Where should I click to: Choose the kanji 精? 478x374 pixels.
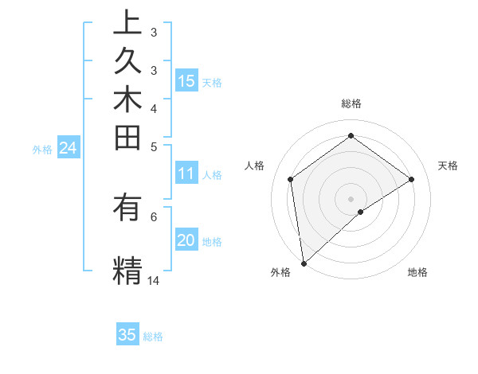(127, 269)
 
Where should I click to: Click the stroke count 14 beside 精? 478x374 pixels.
(154, 280)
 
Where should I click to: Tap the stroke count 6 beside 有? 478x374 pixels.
(154, 216)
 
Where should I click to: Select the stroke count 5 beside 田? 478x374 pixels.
(154, 146)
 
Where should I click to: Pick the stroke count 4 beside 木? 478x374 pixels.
(154, 107)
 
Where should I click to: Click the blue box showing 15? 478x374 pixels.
(186, 81)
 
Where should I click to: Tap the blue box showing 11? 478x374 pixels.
(186, 174)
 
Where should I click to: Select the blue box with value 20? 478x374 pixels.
(186, 241)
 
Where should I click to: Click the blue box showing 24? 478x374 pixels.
(68, 148)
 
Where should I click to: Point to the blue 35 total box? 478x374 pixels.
(127, 335)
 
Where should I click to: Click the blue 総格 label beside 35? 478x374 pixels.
(154, 337)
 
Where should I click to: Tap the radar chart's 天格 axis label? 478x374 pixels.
(449, 166)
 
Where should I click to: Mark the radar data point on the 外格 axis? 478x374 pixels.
(304, 263)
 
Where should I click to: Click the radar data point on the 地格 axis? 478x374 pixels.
(361, 212)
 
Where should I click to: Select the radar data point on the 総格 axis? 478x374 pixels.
(351, 136)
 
